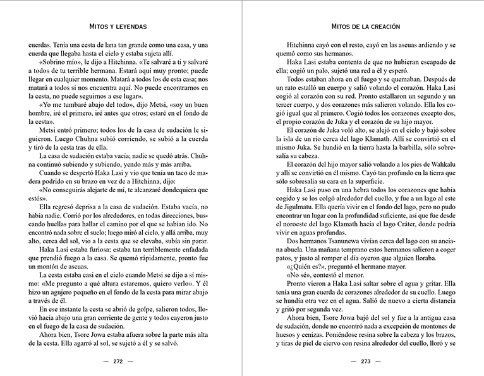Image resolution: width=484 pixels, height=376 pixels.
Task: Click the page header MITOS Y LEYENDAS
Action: pos(119,27)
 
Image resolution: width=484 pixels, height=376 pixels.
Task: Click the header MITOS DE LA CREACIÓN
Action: pos(363,27)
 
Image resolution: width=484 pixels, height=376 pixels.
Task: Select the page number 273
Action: pos(363,362)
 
